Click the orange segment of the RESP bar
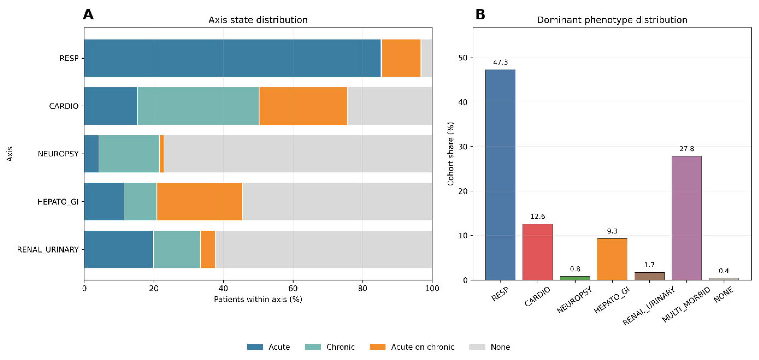pos(401,58)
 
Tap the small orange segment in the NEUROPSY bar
pos(161,154)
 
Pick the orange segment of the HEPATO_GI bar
pos(200,202)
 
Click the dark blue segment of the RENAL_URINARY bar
pos(118,249)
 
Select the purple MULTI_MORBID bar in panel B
pos(686,218)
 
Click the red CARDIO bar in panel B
pos(538,252)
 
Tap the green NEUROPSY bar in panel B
pos(575,278)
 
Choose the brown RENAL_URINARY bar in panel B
pos(649,276)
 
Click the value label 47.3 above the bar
pos(500,62)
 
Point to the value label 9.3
pos(612,231)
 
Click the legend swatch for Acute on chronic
pos(378,347)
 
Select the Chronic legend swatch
pos(313,347)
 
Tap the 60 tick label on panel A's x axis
pos(293,288)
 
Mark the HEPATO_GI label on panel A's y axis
pos(58,202)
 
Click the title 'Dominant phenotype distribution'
pos(612,20)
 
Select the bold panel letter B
pos(480,15)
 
